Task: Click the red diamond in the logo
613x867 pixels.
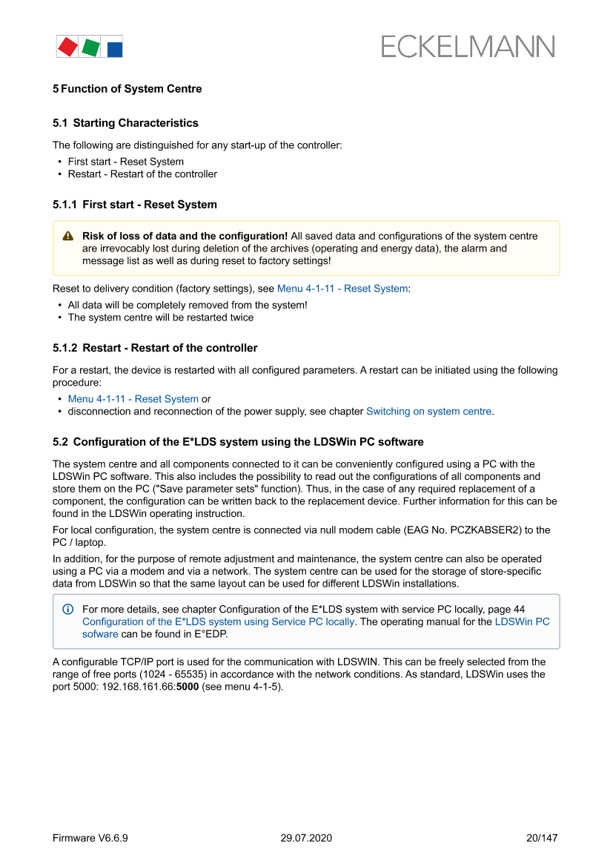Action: (x=67, y=47)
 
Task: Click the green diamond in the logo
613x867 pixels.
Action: (x=90, y=47)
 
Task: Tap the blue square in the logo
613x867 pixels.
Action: (x=115, y=50)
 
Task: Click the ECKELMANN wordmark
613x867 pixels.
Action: (x=468, y=47)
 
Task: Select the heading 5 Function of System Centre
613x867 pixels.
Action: (x=127, y=89)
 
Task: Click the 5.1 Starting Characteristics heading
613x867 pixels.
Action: (x=125, y=123)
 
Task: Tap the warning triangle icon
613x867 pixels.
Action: (x=68, y=236)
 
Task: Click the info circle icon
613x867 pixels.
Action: (x=68, y=609)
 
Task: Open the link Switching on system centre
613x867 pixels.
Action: (x=428, y=412)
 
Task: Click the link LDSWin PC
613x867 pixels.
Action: (x=522, y=622)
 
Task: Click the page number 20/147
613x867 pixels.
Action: (x=541, y=838)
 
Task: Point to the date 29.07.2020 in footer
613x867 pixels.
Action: (x=306, y=838)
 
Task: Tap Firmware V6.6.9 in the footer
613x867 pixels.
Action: (x=90, y=838)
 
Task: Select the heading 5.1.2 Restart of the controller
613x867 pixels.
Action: (x=155, y=348)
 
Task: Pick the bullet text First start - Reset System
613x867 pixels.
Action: (x=126, y=162)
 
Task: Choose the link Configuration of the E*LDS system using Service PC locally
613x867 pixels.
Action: (x=218, y=622)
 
